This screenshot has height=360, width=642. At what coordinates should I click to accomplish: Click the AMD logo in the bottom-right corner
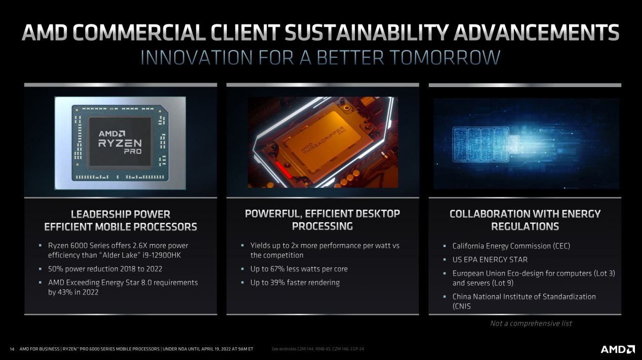coord(617,349)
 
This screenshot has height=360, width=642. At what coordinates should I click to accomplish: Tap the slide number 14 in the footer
coord(12,349)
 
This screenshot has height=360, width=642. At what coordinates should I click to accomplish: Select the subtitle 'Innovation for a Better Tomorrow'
coord(320,58)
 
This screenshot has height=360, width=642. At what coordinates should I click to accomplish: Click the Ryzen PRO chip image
coord(121,143)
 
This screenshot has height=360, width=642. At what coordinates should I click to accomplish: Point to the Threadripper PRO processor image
coord(323,142)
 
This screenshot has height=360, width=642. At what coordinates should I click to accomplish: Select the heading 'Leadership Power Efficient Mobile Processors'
coord(121,220)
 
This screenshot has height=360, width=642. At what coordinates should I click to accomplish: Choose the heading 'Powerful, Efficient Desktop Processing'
coord(323,220)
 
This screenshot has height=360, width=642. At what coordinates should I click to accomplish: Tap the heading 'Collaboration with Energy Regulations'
coord(525,220)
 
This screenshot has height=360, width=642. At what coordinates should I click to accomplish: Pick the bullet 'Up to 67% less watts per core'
coord(299,269)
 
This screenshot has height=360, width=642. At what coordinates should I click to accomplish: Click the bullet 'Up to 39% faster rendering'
coord(295,283)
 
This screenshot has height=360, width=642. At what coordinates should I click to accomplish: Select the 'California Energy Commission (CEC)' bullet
coord(511,246)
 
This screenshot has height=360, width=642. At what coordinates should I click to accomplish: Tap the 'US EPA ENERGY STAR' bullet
coord(490,260)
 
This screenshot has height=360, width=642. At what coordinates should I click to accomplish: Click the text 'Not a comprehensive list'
coord(531,323)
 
